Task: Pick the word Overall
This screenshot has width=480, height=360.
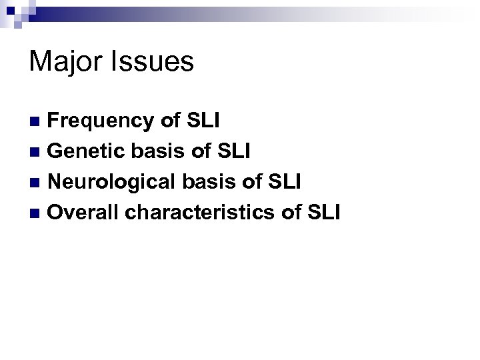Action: point(84,213)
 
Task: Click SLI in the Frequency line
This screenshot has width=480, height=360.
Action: point(204,121)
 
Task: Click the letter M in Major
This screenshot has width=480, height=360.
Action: point(39,63)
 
